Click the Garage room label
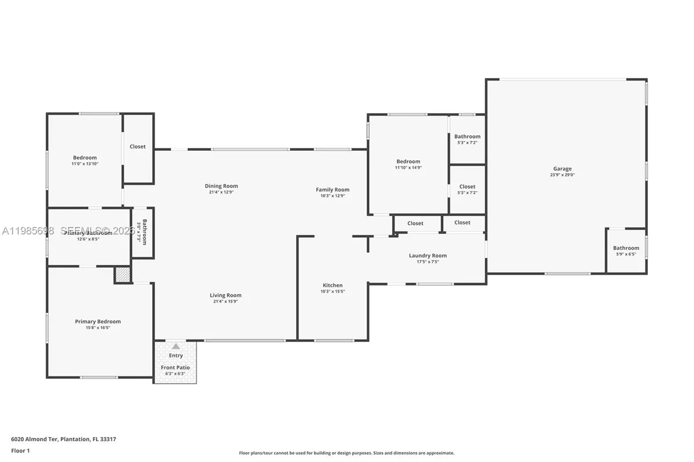(562, 169)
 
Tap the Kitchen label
(333, 285)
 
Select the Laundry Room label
(427, 256)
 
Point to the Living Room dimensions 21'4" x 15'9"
(226, 301)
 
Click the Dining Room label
(221, 186)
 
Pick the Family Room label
(333, 189)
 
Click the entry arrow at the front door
(175, 346)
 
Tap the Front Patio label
(175, 367)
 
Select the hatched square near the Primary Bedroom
(122, 275)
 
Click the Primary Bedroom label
(98, 322)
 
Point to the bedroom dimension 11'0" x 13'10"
(84, 164)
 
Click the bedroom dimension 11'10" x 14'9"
(408, 168)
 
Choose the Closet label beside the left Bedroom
(138, 147)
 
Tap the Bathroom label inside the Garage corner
(626, 248)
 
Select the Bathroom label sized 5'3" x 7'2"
(467, 137)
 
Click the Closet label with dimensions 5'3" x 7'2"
(467, 187)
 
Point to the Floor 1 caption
(20, 450)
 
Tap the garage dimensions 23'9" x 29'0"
(562, 175)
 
